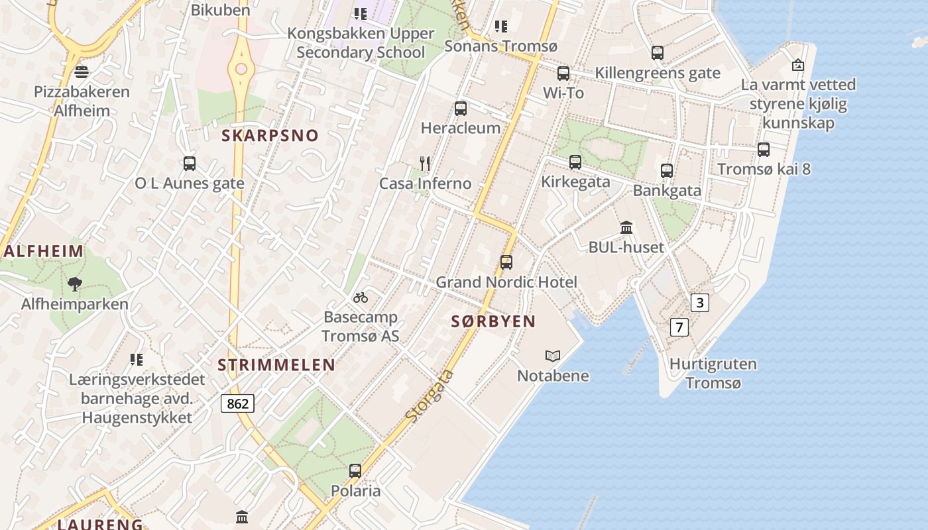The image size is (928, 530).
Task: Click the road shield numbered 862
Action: coord(237,403)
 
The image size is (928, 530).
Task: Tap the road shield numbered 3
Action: coord(699,303)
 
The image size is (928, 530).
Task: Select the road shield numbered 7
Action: coord(679,327)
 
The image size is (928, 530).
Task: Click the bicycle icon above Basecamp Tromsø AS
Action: coord(361,297)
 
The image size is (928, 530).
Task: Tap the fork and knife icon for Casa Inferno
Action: coord(425,163)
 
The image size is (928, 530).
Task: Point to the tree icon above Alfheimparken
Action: coord(74,284)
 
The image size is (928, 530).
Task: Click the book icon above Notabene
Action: coord(553,356)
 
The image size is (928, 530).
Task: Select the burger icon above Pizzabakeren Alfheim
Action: coord(82,72)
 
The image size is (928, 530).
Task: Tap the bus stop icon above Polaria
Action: coord(355,471)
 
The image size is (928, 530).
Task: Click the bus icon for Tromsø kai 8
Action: coord(764,150)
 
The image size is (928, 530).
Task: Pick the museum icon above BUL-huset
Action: coord(626,228)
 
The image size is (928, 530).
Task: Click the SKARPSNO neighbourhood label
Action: coord(270,136)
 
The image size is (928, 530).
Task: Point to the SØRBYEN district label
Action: coord(493,322)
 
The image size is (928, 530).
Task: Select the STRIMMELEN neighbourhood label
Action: coord(276,365)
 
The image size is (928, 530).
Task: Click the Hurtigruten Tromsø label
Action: coord(713,373)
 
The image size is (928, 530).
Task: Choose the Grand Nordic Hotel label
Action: coord(506,282)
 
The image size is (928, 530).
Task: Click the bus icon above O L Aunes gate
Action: coord(190,164)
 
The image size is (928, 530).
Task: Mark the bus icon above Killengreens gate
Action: coord(658,53)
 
